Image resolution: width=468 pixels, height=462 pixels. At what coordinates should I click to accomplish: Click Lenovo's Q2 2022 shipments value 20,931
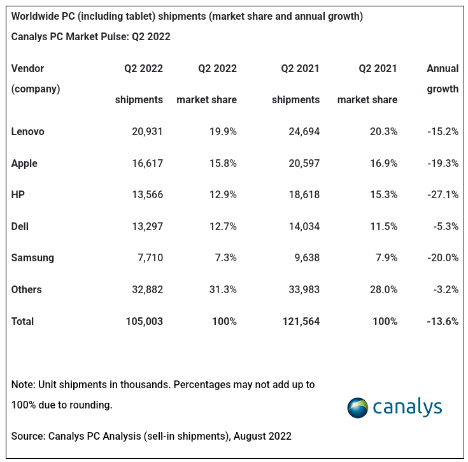pyautogui.click(x=143, y=132)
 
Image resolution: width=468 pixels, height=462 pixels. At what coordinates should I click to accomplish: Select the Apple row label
pyautogui.click(x=24, y=164)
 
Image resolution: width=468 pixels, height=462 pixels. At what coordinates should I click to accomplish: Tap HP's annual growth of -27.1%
pyautogui.click(x=443, y=195)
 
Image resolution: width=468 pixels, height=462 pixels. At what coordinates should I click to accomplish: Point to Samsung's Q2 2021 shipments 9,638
pyautogui.click(x=303, y=258)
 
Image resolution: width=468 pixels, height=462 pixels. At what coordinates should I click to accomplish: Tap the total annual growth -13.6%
pyautogui.click(x=443, y=322)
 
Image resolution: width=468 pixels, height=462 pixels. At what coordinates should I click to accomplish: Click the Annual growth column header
pyautogui.click(x=442, y=78)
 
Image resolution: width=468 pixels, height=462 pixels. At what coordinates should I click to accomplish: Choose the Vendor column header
pyautogui.click(x=28, y=69)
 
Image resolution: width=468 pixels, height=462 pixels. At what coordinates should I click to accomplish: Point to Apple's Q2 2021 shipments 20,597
pyautogui.click(x=300, y=164)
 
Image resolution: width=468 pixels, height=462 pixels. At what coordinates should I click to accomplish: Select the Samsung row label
pyautogui.click(x=32, y=258)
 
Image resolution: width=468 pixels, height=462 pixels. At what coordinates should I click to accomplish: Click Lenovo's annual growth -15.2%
pyautogui.click(x=443, y=132)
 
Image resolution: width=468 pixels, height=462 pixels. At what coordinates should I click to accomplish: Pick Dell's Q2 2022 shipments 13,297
pyautogui.click(x=143, y=226)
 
